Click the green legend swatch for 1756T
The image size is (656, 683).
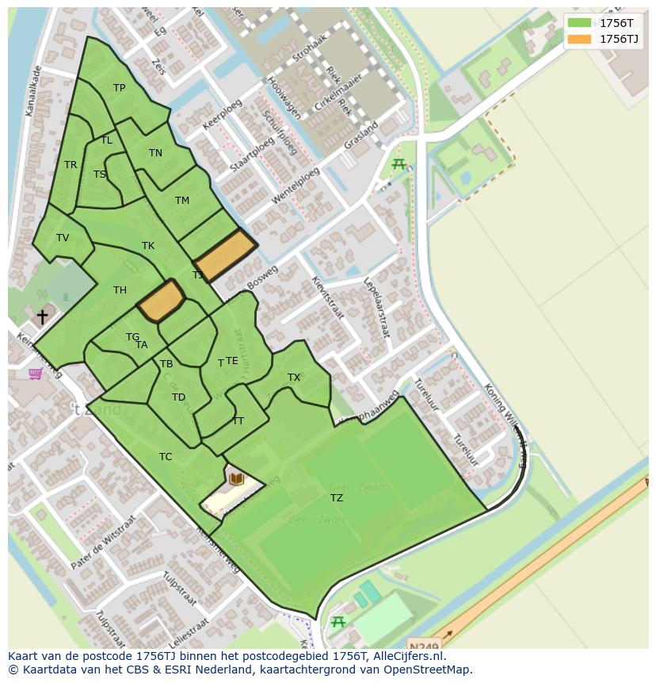point(579,24)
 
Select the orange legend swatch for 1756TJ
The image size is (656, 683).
point(579,39)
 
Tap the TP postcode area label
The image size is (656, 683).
point(119,88)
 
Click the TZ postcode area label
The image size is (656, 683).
point(337,498)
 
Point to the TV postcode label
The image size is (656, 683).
point(63,238)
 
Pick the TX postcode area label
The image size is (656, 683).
point(294,378)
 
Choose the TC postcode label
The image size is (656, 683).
point(166,457)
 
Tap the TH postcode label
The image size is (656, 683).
point(120,290)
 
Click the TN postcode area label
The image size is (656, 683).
point(155,153)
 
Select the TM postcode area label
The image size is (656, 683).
point(182,201)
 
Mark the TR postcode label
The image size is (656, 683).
point(71,165)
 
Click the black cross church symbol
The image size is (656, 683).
point(42,317)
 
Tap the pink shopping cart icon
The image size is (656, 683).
point(35,373)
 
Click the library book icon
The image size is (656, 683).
point(236,478)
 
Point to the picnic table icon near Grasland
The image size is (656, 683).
point(399,164)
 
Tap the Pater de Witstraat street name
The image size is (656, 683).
point(103,546)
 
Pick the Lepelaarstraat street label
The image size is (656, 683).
point(376,308)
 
